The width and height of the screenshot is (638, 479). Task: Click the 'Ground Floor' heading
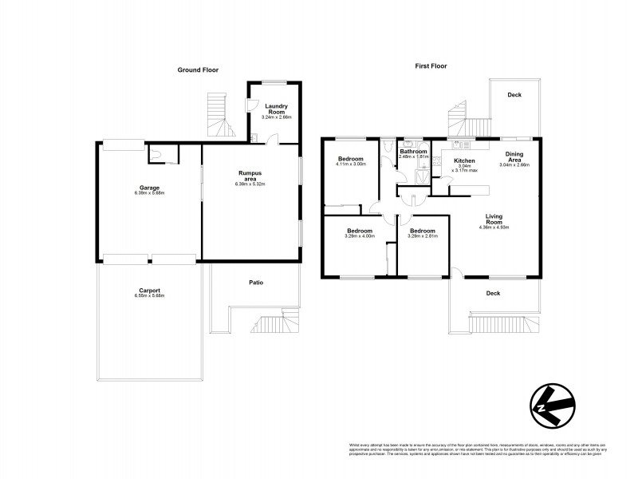pyautogui.click(x=198, y=70)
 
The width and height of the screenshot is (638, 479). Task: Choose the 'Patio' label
pyautogui.click(x=256, y=283)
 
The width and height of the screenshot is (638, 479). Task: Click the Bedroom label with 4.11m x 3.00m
pyautogui.click(x=351, y=159)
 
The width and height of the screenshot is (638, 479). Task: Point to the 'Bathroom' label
pyautogui.click(x=413, y=152)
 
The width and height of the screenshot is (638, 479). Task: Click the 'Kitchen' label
pyautogui.click(x=465, y=161)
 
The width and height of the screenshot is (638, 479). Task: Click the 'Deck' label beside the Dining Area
pyautogui.click(x=514, y=95)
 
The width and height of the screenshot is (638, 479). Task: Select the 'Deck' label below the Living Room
pyautogui.click(x=493, y=293)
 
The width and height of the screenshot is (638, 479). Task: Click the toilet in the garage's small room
pyautogui.click(x=162, y=153)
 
